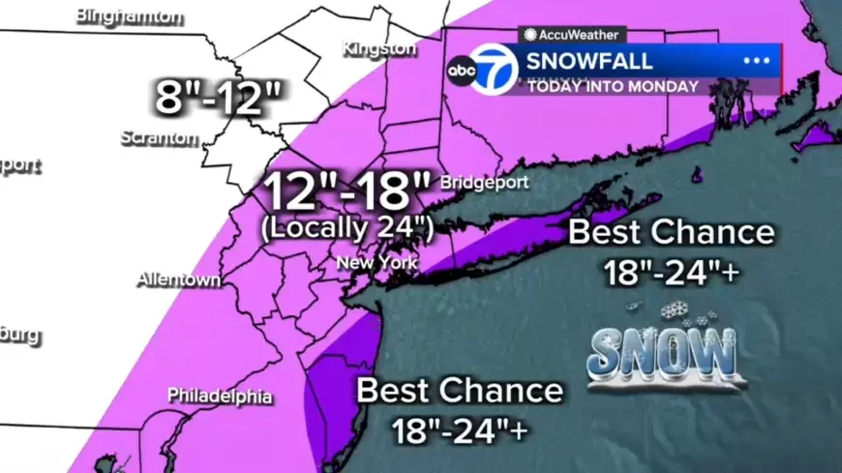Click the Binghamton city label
coord(129,16)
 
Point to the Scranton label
coord(159,137)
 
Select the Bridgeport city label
coord(484,182)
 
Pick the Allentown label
coord(178,280)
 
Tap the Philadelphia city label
coord(220,396)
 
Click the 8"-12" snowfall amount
coord(220,98)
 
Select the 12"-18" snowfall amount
coord(337,192)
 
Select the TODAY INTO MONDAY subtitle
coord(613,86)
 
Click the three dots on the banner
coord(756,61)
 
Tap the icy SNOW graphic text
coord(661,355)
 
